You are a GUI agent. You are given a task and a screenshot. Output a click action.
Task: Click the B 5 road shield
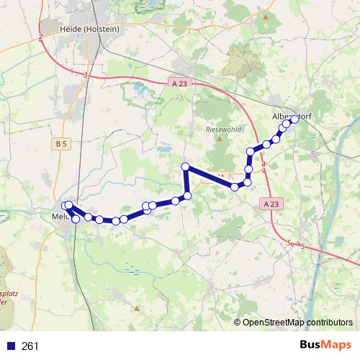point(60,144)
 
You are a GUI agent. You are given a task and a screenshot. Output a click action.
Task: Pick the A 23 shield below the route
point(271,204)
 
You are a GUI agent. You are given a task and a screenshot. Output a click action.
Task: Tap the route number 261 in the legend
point(31,346)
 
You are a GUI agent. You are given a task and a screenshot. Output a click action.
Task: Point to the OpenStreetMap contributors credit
point(297,322)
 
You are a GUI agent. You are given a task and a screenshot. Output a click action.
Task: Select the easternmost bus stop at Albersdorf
point(294,120)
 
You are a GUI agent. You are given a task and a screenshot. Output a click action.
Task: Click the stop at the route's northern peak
point(185,167)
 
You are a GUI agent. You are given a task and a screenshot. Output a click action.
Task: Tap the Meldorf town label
point(60,215)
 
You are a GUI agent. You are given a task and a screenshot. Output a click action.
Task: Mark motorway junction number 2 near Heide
point(41,36)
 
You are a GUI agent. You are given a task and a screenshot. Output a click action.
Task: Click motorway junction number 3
point(85,75)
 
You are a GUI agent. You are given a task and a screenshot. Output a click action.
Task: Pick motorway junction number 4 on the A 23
point(264,166)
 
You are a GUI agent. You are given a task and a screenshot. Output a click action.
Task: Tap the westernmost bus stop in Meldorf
point(66,206)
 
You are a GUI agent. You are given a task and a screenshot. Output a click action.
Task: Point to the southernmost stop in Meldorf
point(76,218)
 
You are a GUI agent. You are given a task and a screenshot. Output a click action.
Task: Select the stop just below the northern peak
point(188,195)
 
